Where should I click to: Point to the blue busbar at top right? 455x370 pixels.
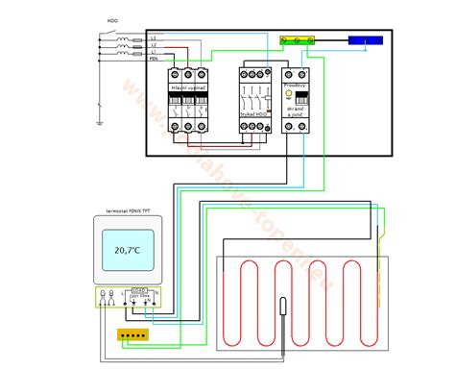(x=367, y=42)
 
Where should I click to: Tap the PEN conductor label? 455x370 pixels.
(x=154, y=59)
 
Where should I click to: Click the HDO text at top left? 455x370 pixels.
(x=113, y=18)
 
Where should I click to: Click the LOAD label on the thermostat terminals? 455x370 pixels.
(x=140, y=287)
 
